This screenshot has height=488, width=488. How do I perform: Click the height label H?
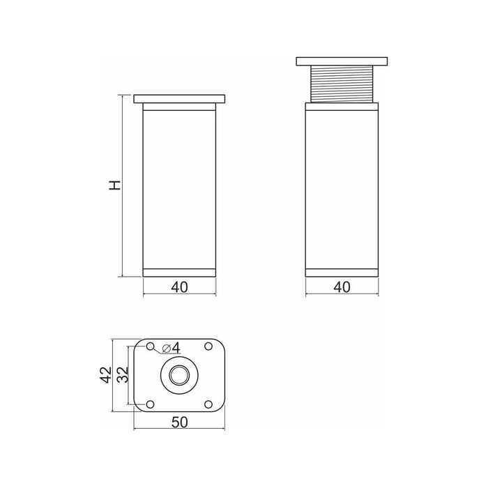pos(115,185)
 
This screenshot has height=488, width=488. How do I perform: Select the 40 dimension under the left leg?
pos(180,287)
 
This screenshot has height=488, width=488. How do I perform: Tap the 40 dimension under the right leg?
pos(342,287)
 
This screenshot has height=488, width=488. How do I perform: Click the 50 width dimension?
pos(180,422)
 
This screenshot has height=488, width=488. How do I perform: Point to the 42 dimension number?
pos(106,375)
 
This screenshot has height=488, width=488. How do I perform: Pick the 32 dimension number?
pos(123,375)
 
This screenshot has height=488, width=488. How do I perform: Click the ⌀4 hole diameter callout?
pos(171,348)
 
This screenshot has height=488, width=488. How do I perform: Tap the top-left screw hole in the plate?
pos(151,346)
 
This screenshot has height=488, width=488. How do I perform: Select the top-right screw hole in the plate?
pos(208,346)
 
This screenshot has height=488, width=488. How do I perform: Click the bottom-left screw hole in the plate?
pos(151,404)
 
